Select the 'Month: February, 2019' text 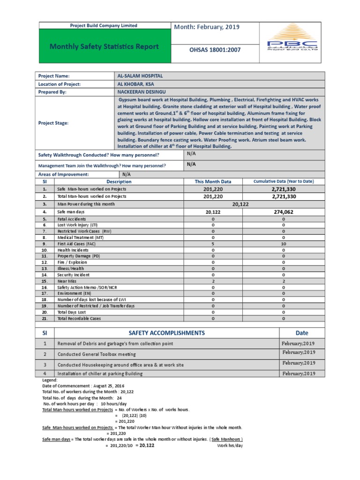pyautogui.click(x=207, y=27)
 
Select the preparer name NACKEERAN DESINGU pyautogui.click(x=141, y=92)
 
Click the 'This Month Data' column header pyautogui.click(x=213, y=181)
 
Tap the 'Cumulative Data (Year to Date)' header pyautogui.click(x=283, y=181)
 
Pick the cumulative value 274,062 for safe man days pyautogui.click(x=283, y=212)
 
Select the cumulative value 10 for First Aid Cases pyautogui.click(x=283, y=244)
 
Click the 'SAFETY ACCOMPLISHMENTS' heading pyautogui.click(x=166, y=333)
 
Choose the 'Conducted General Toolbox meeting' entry pyautogui.click(x=97, y=354)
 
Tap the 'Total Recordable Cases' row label pyautogui.click(x=79, y=318)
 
